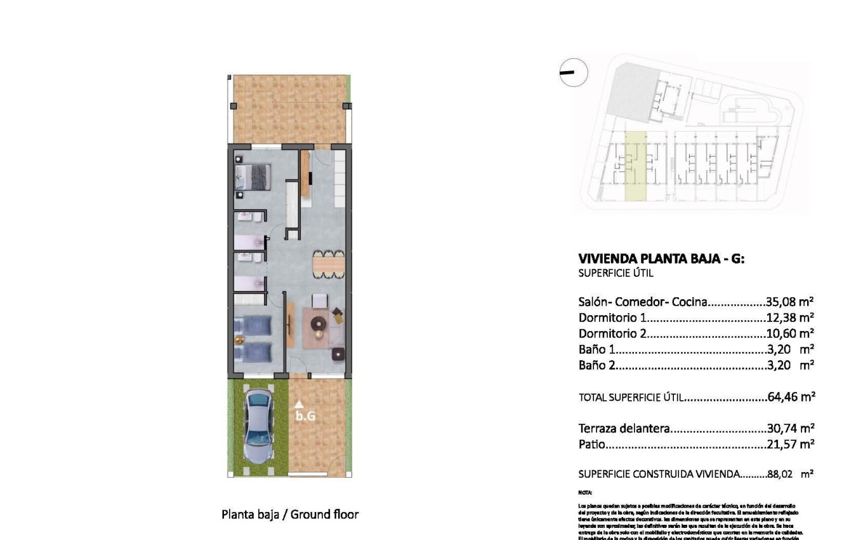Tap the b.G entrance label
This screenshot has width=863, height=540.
pyautogui.click(x=305, y=417)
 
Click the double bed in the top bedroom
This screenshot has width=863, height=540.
pyautogui.click(x=253, y=177)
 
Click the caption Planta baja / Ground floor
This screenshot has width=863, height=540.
pyautogui.click(x=290, y=515)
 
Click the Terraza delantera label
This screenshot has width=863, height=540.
pyautogui.click(x=624, y=429)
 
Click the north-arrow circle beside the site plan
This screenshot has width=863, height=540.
pyautogui.click(x=574, y=72)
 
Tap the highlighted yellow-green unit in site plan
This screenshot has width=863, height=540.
pyautogui.click(x=635, y=166)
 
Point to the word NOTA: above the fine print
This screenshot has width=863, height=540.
pyautogui.click(x=585, y=492)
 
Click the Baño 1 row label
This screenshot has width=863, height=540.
pyautogui.click(x=596, y=349)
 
